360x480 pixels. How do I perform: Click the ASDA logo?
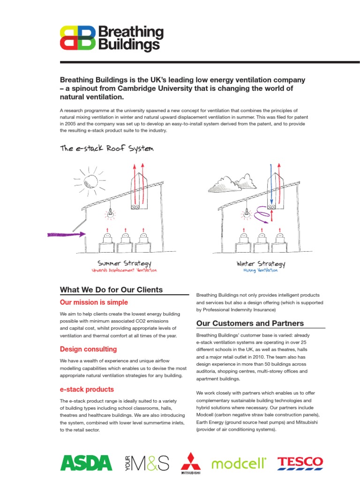click(86, 463)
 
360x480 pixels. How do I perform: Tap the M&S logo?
click(148, 463)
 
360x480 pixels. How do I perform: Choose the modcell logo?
click(239, 463)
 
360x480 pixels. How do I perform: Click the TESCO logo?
click(300, 463)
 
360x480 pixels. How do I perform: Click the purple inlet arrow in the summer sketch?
click(67, 233)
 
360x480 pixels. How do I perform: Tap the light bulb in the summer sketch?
click(111, 213)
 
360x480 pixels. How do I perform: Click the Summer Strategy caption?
click(124, 263)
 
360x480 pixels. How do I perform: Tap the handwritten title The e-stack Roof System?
click(106, 149)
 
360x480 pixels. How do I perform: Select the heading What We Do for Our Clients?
click(112, 290)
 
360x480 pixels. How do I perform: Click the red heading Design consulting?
click(89, 349)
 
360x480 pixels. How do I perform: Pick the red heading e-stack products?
click(87, 390)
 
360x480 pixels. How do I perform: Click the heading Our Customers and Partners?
click(250, 323)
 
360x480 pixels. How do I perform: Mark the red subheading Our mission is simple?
click(94, 302)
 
